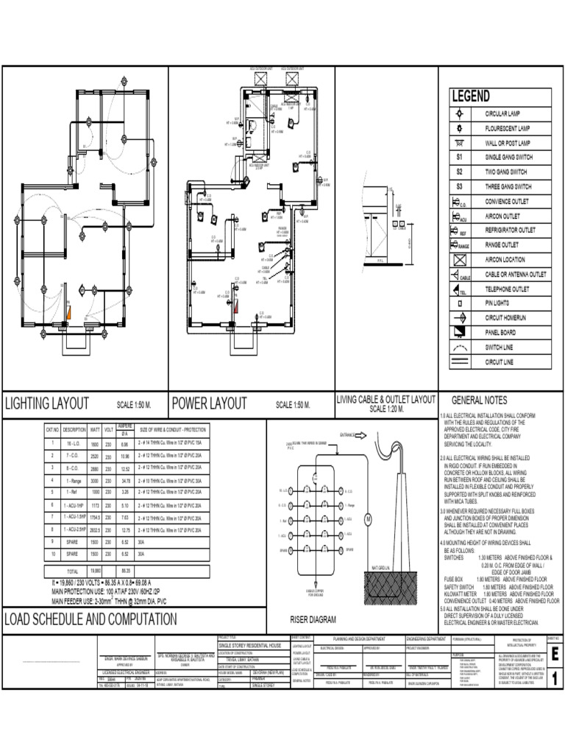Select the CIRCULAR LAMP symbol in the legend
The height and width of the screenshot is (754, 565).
459,114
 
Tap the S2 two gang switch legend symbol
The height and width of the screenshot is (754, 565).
459,172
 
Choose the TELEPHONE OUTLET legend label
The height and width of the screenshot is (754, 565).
507,289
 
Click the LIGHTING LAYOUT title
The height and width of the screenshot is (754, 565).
47,404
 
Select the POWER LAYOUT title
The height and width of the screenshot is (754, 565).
208,404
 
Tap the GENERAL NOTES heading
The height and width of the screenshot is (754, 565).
479,401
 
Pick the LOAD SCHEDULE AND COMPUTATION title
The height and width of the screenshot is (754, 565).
90,619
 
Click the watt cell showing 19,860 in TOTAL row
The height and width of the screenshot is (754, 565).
96,571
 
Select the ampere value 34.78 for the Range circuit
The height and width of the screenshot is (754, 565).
124,481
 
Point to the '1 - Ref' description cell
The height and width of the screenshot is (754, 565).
74,492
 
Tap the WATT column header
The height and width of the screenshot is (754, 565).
96,429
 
